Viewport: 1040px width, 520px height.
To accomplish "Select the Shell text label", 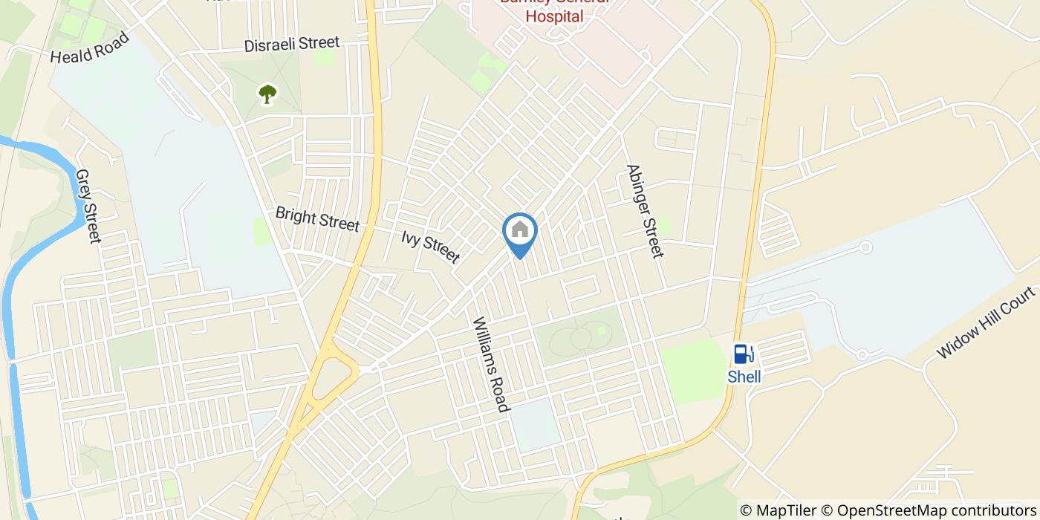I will [x=744, y=377].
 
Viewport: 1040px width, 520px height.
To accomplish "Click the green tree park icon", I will [x=267, y=94].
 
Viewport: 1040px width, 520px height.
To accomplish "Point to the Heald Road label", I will [x=89, y=48].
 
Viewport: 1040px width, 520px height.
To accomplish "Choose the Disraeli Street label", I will [x=291, y=45].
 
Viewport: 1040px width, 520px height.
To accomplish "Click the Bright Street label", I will [x=317, y=218].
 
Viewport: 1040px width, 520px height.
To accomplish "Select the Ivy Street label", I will [x=430, y=247].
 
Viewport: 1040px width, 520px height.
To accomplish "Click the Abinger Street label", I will [x=643, y=211].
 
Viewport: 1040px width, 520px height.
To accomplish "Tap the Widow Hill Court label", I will [x=986, y=323].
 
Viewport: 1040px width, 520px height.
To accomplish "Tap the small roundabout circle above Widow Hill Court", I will [x=864, y=247].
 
